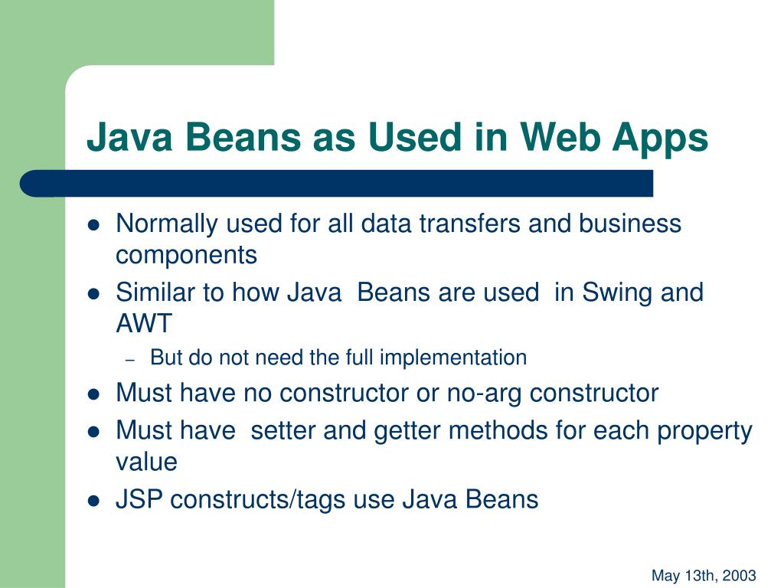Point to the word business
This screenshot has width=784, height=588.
click(629, 224)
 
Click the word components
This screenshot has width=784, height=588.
click(186, 256)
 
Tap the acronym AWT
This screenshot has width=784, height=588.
click(144, 324)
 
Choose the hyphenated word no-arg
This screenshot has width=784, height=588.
click(485, 394)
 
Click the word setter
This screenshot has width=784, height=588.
click(283, 431)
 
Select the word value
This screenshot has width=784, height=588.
click(146, 462)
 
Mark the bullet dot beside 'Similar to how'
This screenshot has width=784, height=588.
click(94, 293)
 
